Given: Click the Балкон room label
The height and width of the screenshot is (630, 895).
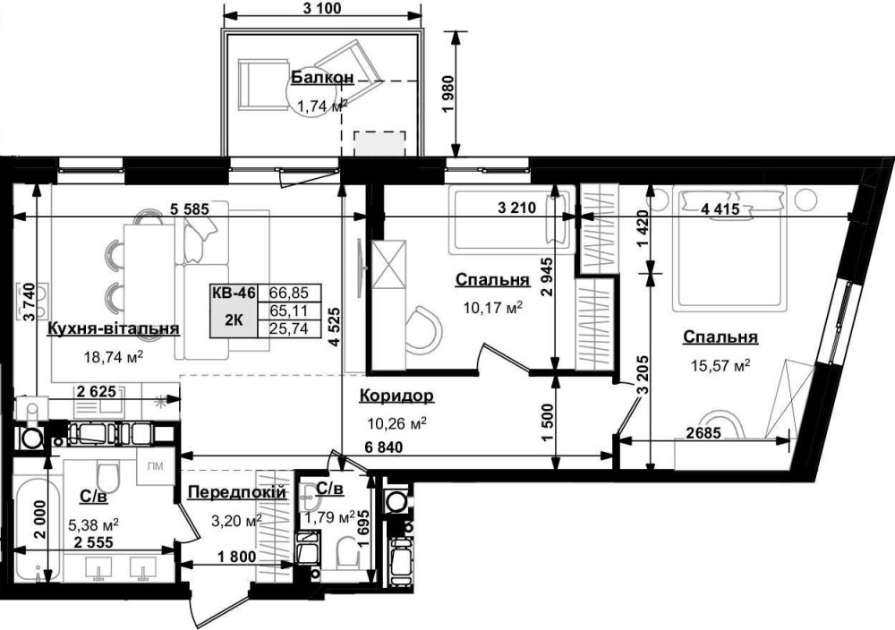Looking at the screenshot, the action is pos(322,78).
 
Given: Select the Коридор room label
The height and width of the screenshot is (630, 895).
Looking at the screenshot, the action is pos(396,396).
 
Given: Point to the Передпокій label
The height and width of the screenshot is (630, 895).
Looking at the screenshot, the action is pos(237,492).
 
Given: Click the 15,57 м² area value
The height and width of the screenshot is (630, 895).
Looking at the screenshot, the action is pos(720,365).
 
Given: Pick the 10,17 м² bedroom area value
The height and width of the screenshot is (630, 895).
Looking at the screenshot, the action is pos(493,309).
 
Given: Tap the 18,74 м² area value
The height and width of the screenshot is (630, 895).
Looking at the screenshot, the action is pos(113,357).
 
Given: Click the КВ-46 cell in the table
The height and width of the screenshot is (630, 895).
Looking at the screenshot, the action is pos(234,293).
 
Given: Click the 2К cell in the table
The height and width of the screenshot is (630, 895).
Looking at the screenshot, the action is pos(234,319).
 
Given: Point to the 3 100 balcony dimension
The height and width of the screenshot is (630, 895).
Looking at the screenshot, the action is pos(320,8).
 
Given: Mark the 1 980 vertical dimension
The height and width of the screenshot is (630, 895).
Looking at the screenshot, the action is pos(448,94).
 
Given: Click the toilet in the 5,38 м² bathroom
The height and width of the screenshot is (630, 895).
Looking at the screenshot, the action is pos(107,475).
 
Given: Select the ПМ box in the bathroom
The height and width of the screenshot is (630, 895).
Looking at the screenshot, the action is pos(155,466).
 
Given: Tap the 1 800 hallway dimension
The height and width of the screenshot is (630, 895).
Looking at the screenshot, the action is pos(237,557).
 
